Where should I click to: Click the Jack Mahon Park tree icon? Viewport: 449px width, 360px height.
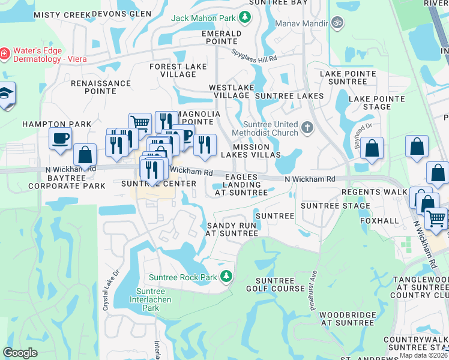245,17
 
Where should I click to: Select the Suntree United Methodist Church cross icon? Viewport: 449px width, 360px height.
307,127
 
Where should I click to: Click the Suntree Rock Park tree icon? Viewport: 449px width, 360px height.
226,276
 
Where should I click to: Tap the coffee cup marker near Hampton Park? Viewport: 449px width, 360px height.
60,139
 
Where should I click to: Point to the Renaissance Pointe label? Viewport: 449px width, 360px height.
101,87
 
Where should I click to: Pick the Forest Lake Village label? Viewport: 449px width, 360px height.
173,70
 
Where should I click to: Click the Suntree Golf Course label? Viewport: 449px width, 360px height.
280,284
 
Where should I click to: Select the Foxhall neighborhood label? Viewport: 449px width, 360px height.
379,221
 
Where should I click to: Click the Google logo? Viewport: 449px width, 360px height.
20,353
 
